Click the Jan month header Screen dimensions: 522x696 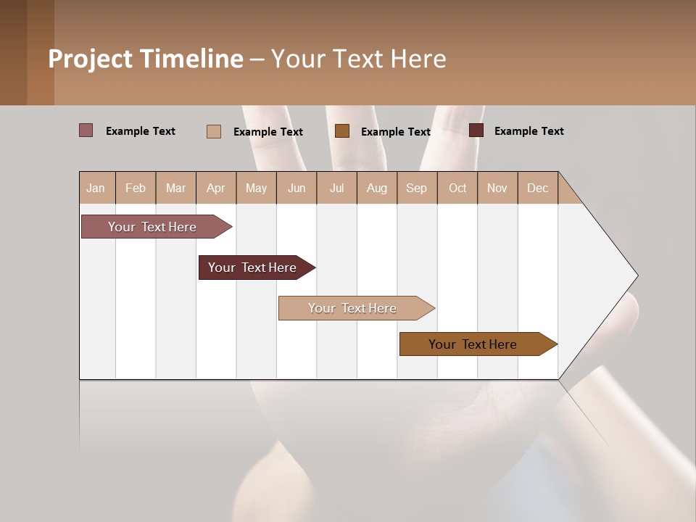[x=96, y=188]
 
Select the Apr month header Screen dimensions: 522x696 [x=215, y=188]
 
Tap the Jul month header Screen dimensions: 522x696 [x=336, y=188]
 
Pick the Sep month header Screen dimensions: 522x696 [x=416, y=188]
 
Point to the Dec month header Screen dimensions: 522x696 [x=537, y=188]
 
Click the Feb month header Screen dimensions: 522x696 [x=136, y=188]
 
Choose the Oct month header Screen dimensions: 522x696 [x=457, y=188]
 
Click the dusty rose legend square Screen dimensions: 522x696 [x=86, y=130]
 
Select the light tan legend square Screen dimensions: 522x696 [x=213, y=131]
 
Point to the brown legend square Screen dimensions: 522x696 [x=342, y=131]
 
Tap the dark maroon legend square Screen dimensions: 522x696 [x=476, y=130]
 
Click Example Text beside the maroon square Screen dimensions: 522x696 [x=529, y=131]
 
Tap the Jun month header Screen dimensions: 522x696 [x=297, y=188]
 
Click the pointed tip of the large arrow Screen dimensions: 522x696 [x=636, y=275]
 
